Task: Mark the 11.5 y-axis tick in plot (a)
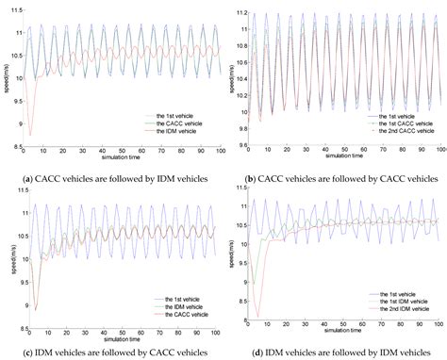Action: click(18, 10)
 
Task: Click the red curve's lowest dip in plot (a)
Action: click(31, 134)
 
